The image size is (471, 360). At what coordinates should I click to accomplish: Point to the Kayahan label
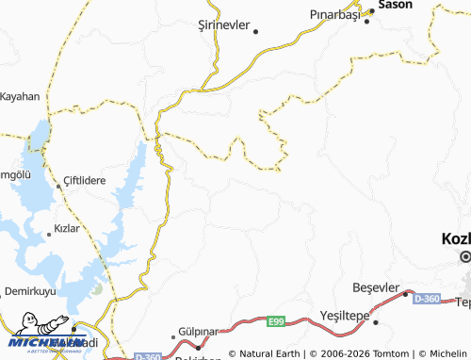click(20, 96)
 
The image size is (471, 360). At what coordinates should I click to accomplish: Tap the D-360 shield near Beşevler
click(425, 298)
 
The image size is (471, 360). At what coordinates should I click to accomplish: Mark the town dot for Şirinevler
click(255, 30)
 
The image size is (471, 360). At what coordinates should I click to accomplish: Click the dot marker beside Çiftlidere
click(57, 186)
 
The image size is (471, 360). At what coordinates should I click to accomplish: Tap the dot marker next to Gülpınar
click(173, 335)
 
